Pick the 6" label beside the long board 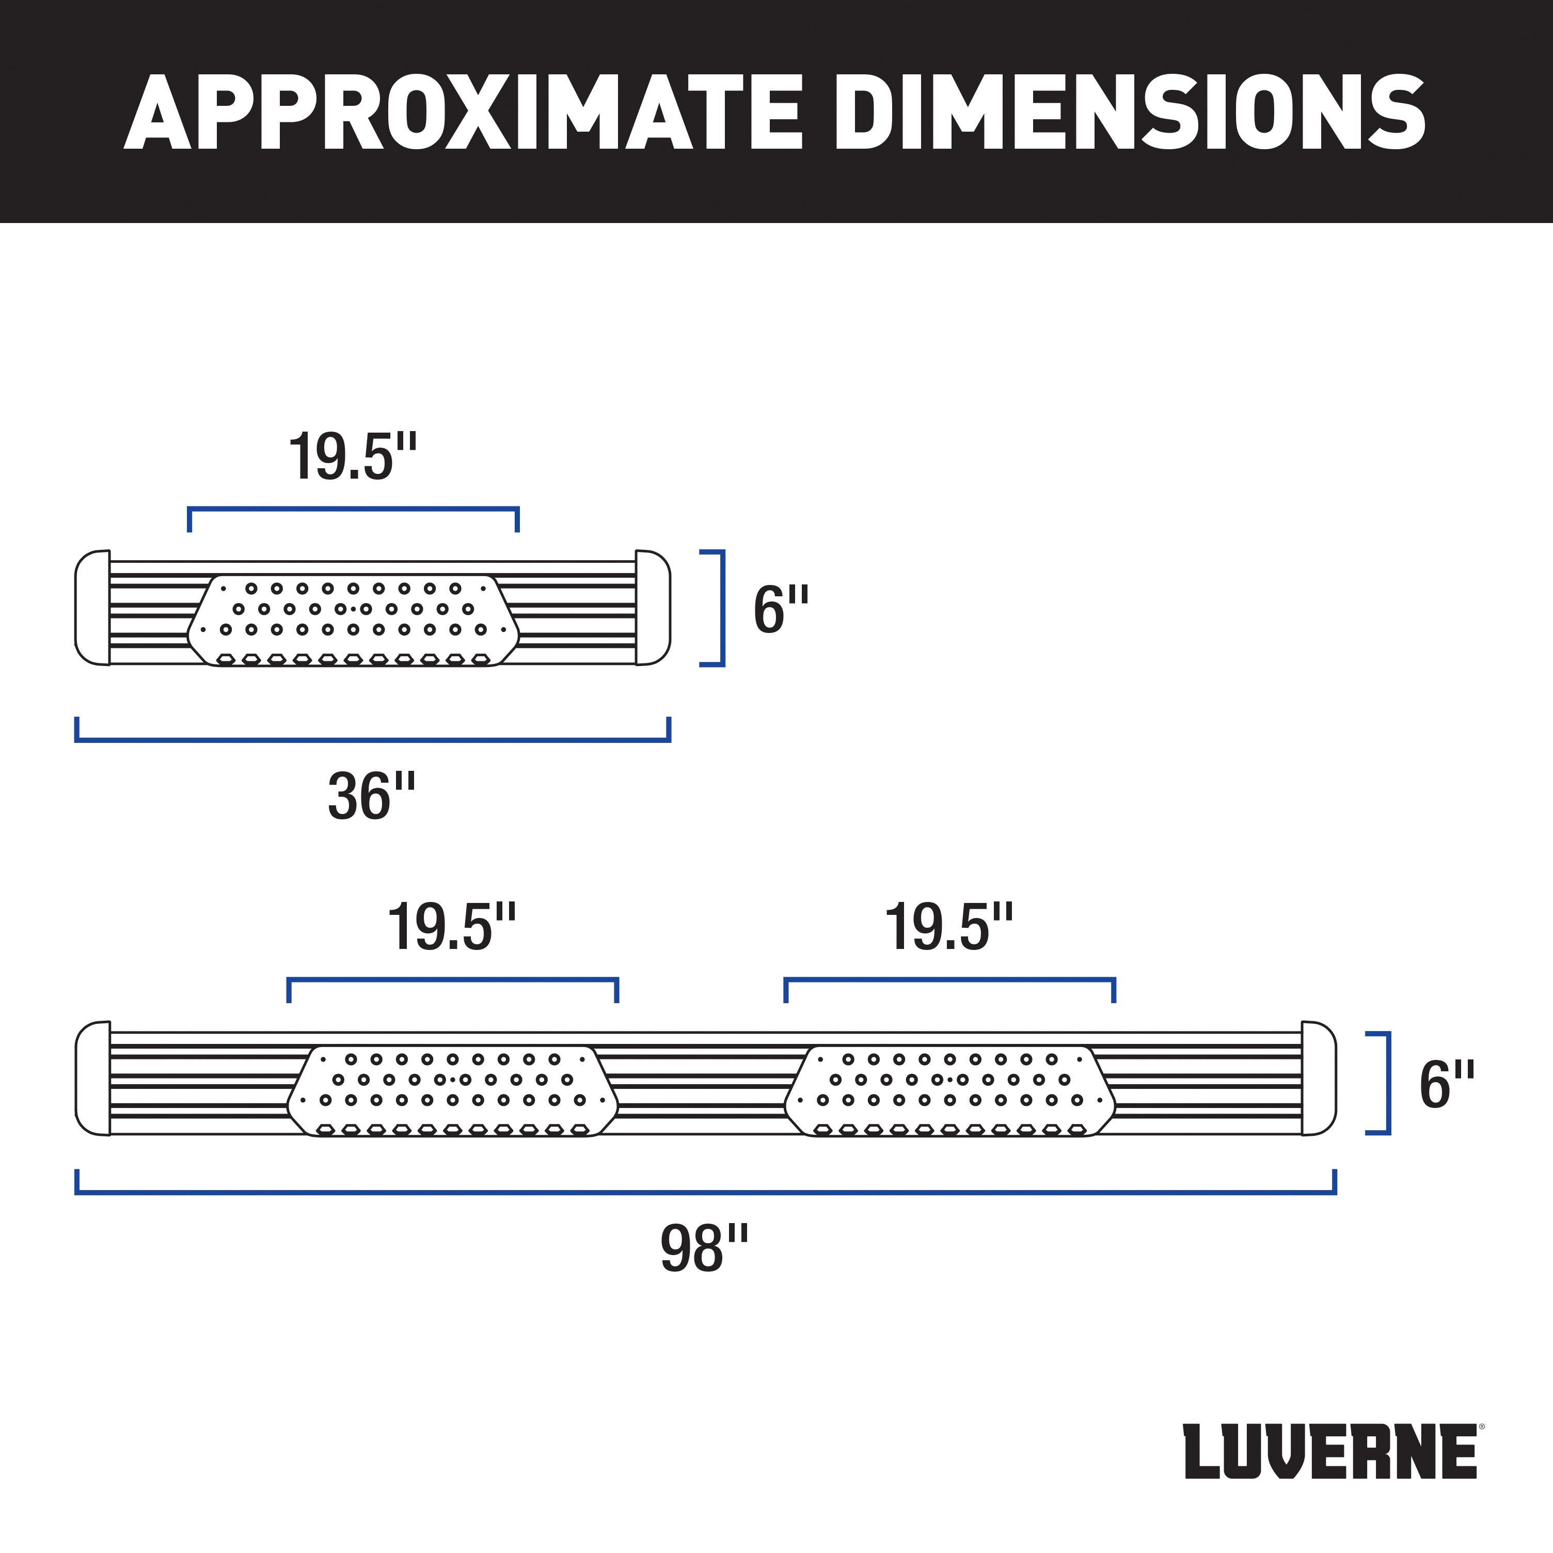(1446, 1084)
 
